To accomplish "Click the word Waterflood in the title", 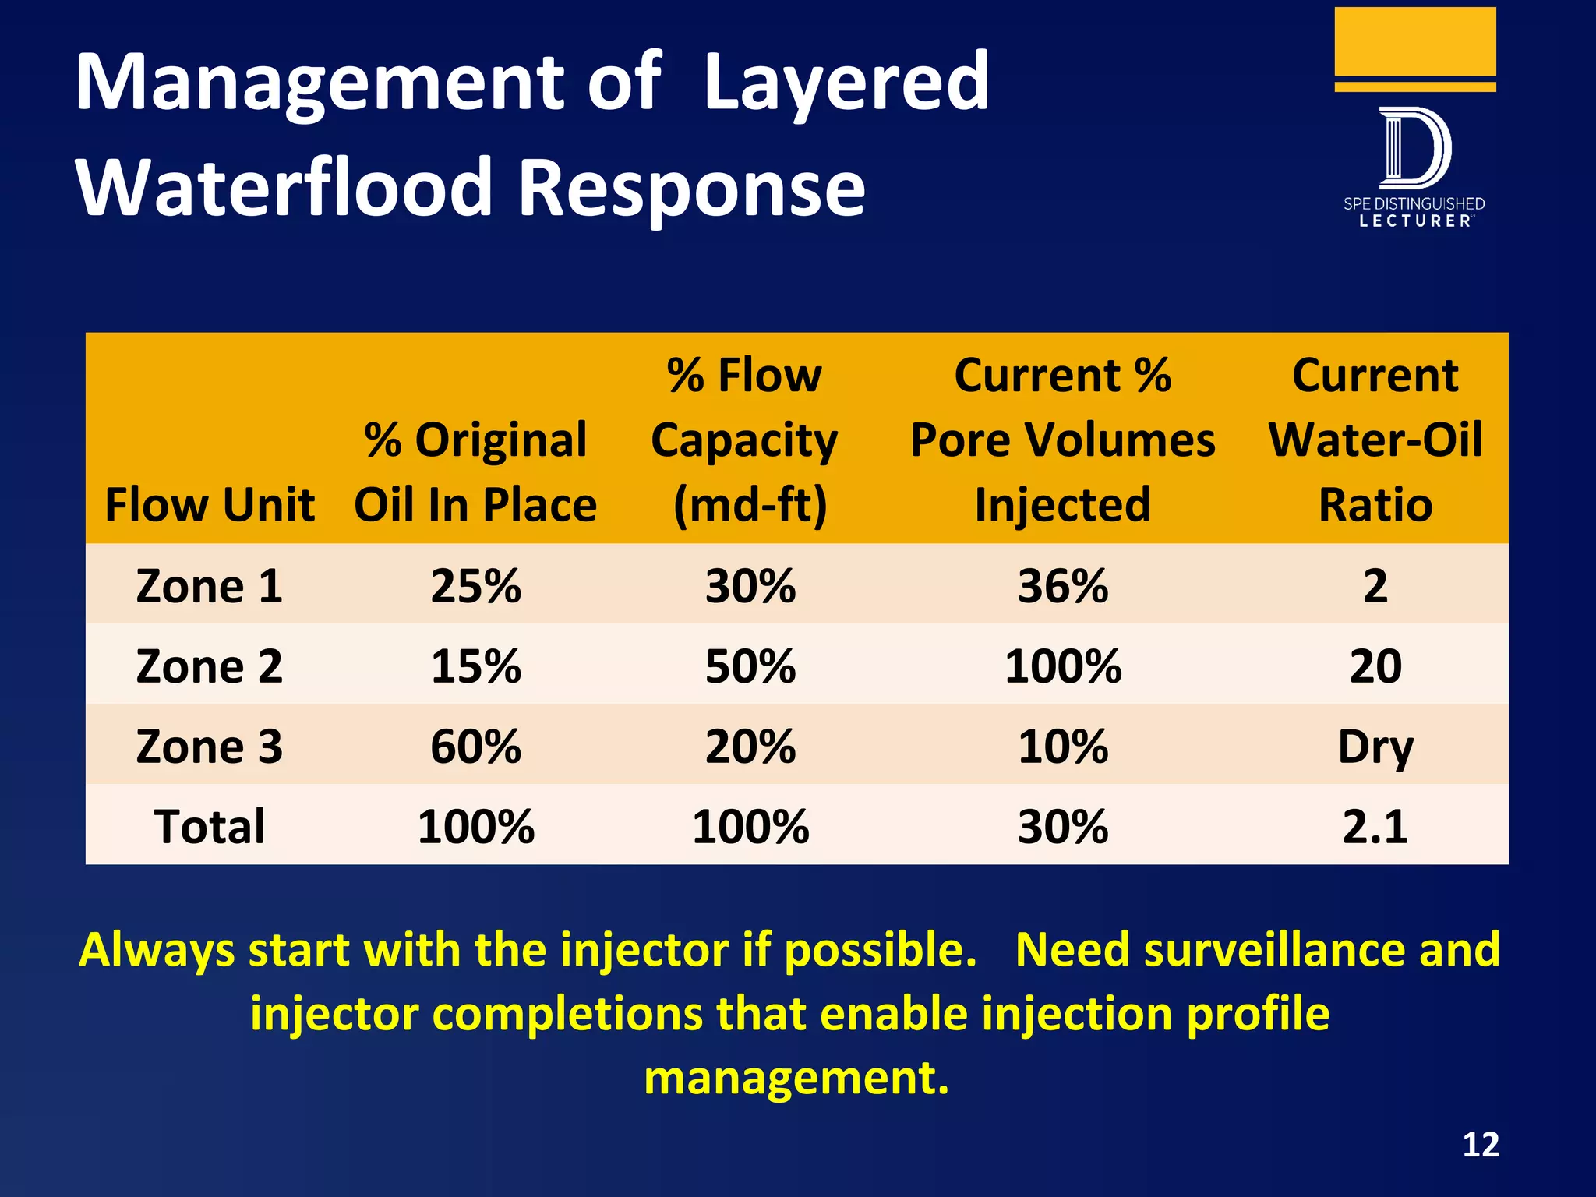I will (x=284, y=187).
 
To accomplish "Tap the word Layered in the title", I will (x=846, y=82).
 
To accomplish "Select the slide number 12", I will (x=1480, y=1145).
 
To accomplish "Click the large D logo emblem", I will (x=1414, y=148).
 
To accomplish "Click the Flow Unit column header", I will (x=210, y=504).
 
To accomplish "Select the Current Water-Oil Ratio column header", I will (x=1375, y=440).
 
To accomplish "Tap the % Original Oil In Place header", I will (x=475, y=471).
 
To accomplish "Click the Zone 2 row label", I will (x=209, y=666).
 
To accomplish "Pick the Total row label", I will (x=209, y=826).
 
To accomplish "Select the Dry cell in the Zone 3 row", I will (x=1375, y=747).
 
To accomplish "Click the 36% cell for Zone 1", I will (x=1062, y=586).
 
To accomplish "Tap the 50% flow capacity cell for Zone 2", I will (x=750, y=666).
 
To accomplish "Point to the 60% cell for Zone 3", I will (x=475, y=747).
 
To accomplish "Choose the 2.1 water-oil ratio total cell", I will (x=1375, y=826).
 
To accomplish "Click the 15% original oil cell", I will (x=475, y=666).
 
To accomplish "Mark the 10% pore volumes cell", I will (x=1062, y=747).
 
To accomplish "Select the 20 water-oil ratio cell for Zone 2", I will (x=1375, y=666).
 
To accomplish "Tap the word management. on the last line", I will (x=796, y=1078).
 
